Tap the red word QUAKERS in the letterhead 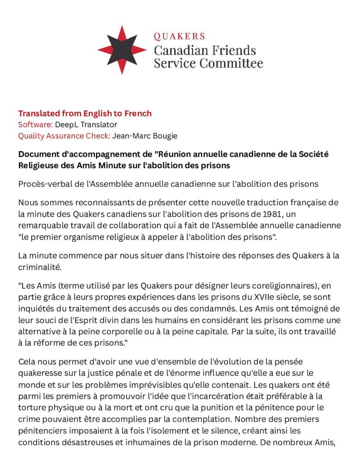tap(179, 36)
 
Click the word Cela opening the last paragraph tap(27, 361)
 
